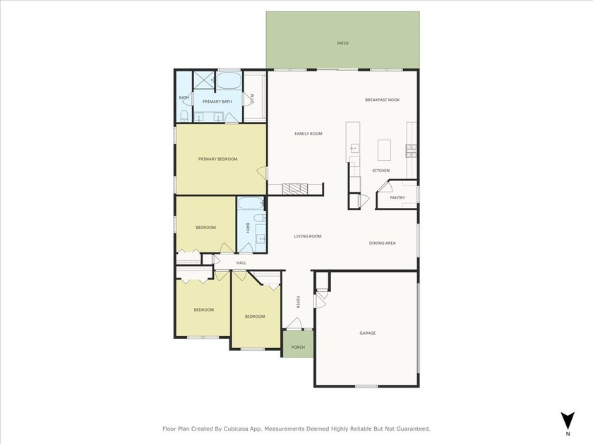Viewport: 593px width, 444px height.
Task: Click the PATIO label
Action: coord(342,44)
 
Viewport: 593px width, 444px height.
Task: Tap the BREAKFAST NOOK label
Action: coord(383,100)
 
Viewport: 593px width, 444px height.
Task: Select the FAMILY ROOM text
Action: coord(309,134)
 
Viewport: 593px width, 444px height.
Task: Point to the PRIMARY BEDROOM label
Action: coord(218,159)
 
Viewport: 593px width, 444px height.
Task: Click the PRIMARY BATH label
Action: coord(217,102)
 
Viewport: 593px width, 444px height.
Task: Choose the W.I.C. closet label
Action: coord(251,99)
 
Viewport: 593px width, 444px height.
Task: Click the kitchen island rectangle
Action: coord(384,150)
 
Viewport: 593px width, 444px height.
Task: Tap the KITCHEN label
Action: coord(381,171)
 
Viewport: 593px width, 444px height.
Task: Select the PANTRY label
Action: coord(397,198)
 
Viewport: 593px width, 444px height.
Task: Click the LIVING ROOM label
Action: coord(308,236)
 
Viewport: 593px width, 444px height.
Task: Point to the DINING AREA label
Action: coord(383,243)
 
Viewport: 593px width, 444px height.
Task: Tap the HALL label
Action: coord(241,263)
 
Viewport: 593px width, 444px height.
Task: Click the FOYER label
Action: coord(298,302)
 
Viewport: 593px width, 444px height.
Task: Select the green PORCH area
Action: coord(298,344)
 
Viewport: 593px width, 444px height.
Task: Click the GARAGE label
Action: coord(368,333)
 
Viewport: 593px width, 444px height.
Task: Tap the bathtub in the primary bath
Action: coord(229,80)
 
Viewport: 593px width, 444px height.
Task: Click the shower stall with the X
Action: coord(204,80)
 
